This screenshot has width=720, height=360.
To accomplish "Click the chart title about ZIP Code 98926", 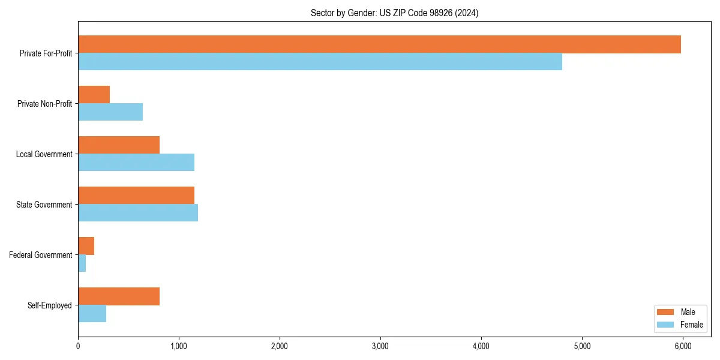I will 394,13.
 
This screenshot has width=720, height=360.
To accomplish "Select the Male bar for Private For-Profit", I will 379,44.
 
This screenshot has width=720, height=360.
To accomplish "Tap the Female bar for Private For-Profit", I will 320,62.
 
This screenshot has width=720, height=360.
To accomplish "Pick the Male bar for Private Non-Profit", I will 94,95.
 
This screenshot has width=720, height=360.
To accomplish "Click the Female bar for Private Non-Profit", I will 110,112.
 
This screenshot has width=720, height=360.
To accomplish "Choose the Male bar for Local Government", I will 119,145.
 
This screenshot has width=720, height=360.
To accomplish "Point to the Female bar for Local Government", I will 136,163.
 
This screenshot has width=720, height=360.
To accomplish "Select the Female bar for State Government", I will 138,213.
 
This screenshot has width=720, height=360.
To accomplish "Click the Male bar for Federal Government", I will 86,246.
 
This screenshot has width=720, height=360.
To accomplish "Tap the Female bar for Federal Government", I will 82,263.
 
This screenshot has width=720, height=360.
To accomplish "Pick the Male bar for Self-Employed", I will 119,296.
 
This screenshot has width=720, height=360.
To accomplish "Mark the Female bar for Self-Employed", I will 92,314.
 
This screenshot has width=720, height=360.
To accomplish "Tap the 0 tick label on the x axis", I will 78,346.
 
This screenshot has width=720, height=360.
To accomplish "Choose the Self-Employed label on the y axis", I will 50,305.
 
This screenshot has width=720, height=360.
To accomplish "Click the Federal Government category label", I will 41,255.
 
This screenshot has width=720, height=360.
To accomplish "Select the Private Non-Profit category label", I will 44,104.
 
